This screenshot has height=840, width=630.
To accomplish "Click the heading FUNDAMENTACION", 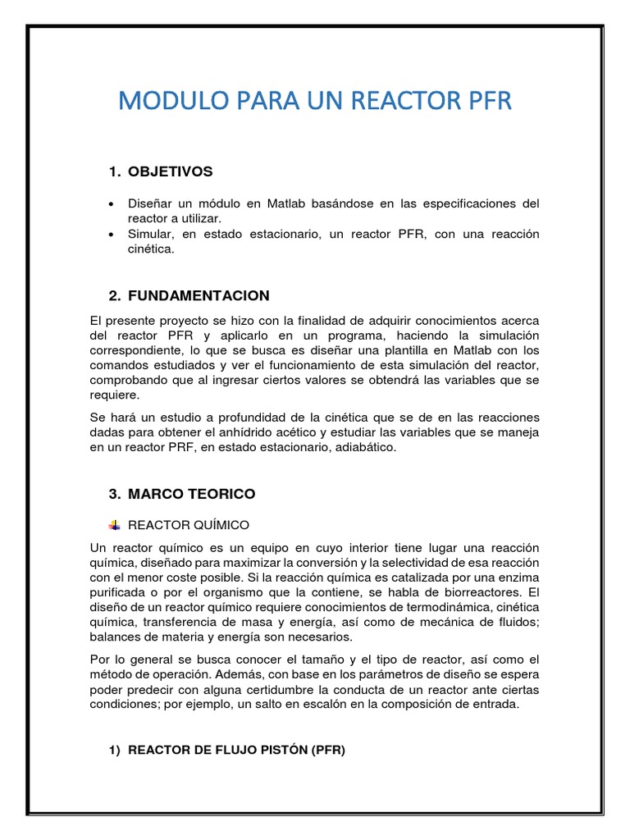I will [x=199, y=295].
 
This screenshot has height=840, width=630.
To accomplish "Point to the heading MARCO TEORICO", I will [x=191, y=494].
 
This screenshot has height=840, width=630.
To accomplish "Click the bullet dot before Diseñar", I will [x=111, y=203].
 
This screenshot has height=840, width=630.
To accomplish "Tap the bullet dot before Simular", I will [x=111, y=235].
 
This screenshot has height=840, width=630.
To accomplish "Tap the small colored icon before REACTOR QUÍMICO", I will [x=114, y=524].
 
